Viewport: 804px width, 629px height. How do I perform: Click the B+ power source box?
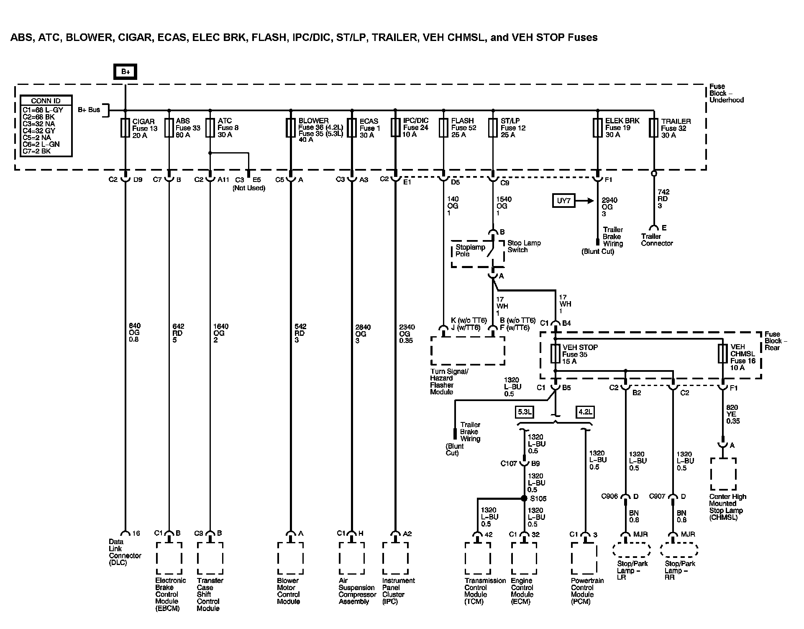[x=125, y=72]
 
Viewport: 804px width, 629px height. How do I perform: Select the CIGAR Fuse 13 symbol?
[x=125, y=128]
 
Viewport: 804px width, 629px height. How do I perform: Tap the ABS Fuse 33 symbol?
[x=169, y=128]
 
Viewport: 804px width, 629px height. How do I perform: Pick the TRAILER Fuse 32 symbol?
[x=653, y=128]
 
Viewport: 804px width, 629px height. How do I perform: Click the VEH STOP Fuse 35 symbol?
[x=555, y=354]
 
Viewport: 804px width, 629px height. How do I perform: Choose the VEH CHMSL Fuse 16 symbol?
[x=722, y=354]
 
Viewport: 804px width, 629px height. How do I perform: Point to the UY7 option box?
[x=563, y=201]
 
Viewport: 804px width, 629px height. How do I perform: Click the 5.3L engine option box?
[x=525, y=412]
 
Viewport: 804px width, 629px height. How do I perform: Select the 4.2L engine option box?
[x=585, y=412]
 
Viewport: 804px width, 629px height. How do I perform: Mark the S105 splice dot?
[x=524, y=498]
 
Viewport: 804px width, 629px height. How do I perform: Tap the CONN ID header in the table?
[x=46, y=101]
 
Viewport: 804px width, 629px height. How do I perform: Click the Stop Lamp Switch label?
[x=524, y=246]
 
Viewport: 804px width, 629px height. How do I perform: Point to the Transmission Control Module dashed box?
[x=477, y=558]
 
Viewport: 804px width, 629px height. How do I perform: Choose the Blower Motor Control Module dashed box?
[x=290, y=558]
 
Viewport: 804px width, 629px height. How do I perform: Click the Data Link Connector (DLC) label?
[x=125, y=552]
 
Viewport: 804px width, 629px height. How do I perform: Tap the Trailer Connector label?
[x=657, y=240]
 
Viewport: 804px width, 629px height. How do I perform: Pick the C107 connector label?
[x=509, y=463]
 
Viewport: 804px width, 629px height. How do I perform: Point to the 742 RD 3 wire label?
[x=663, y=199]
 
